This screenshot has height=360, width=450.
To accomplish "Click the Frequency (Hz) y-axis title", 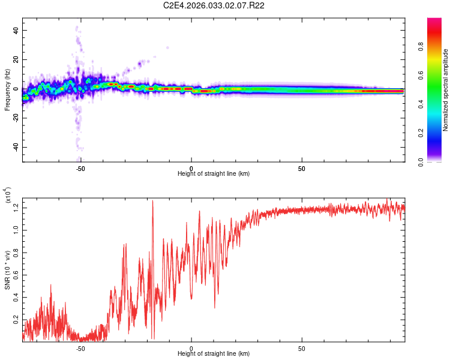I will tap(8, 90).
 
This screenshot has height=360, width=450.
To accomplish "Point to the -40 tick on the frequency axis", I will tap(15, 148).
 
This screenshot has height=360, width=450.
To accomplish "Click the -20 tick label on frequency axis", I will tap(15, 118).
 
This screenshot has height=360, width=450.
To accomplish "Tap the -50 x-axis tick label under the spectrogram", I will tap(80, 169).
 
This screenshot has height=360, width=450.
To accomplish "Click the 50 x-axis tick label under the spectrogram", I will tap(302, 169).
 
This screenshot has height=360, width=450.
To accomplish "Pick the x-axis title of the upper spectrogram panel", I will tap(214, 174).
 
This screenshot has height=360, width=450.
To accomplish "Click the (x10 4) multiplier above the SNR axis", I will tap(8, 196).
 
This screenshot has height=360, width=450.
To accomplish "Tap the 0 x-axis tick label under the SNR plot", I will tap(191, 348).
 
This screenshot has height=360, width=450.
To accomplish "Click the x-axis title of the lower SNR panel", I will tap(214, 353).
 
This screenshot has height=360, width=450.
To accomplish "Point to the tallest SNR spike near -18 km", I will tap(152, 201).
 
